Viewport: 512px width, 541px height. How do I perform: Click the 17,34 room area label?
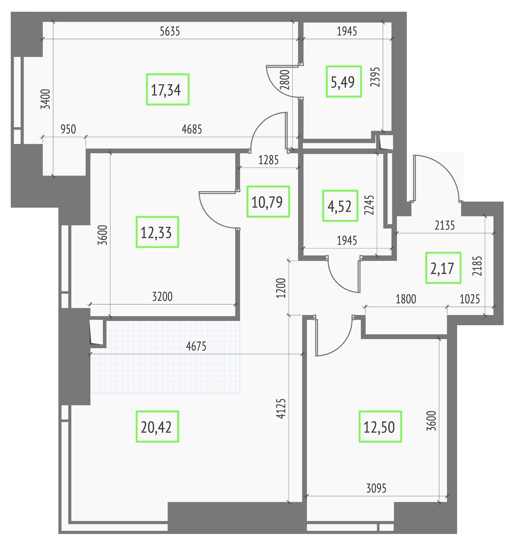pos(167,89)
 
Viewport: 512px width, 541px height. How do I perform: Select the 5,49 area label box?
pos(343,82)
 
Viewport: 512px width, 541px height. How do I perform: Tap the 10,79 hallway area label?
pos(268,202)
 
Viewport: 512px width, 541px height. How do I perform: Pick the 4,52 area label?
pos(340,206)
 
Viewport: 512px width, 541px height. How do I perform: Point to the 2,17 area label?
pos(443,268)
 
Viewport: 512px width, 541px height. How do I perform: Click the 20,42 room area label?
pos(157,427)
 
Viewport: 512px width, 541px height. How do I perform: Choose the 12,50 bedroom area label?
pos(380,427)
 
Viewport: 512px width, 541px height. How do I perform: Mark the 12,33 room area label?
pos(157,232)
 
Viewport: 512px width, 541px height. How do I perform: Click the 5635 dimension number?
pos(170,31)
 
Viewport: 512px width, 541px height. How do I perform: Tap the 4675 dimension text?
pos(196,346)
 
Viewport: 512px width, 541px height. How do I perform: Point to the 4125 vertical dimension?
pos(281,409)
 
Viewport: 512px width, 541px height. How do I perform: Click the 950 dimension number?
pos(68,129)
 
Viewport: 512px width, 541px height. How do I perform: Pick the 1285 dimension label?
pos(268,160)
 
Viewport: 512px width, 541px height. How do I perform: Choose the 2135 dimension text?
pos(445,226)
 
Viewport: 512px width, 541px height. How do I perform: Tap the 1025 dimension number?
pos(470,299)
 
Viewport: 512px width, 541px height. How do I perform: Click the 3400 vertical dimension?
pos(45,99)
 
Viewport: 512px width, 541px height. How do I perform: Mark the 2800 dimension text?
pos(285,80)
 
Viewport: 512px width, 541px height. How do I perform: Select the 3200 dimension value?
pos(162,296)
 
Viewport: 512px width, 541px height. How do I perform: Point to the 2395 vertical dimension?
pos(375,77)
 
